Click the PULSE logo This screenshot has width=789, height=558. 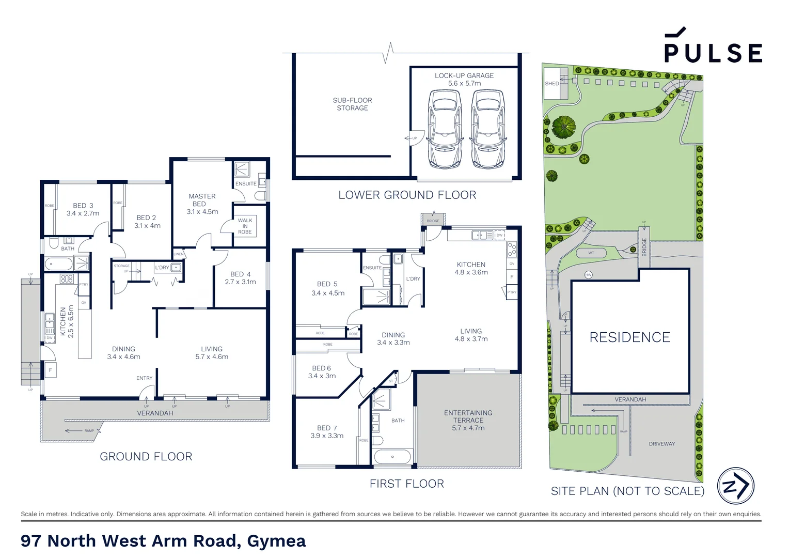713,46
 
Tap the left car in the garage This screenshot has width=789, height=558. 444,129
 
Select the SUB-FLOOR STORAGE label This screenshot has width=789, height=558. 352,104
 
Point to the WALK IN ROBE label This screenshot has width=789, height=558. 245,226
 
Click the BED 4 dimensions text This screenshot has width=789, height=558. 240,282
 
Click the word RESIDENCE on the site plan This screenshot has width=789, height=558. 629,337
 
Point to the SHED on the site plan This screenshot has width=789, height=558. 552,83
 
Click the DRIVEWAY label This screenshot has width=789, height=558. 661,444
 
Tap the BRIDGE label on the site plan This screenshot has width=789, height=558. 644,247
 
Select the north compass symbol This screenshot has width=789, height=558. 735,486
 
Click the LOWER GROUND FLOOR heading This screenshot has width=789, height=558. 407,195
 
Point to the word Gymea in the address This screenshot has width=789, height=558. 276,540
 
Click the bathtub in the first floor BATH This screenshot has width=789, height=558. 392,457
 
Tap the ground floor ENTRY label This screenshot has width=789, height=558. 144,378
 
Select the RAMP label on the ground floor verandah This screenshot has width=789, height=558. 89,430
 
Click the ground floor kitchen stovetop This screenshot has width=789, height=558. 67,279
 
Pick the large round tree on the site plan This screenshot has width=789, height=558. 563,127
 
